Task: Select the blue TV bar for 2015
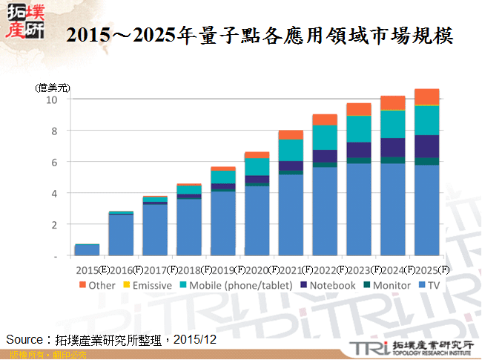[87, 249]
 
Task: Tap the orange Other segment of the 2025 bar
[426, 96]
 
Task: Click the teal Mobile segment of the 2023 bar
[359, 128]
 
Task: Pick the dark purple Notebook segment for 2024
[393, 147]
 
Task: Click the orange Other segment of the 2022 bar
[325, 120]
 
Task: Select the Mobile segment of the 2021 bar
[291, 149]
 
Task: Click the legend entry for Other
[96, 284]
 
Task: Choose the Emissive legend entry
[148, 284]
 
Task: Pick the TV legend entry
[430, 284]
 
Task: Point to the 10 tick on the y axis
[50, 99]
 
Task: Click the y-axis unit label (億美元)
[53, 88]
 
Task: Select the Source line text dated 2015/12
[111, 339]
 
